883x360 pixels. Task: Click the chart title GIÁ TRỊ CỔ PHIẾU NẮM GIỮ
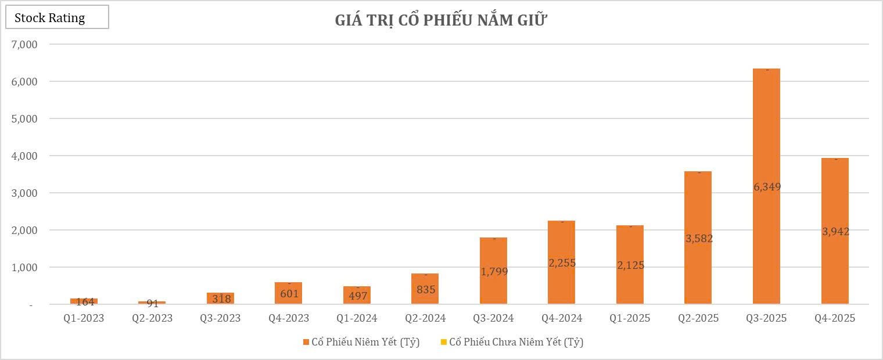tap(441, 20)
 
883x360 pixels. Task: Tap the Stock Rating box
tap(57, 17)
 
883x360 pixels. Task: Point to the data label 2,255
tap(562, 263)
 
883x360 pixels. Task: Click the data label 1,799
tap(494, 271)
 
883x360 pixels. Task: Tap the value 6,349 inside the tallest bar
tap(767, 187)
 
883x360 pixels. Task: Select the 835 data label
tap(425, 289)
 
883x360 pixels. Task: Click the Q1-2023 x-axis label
tap(84, 318)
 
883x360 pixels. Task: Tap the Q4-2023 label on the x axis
tap(289, 318)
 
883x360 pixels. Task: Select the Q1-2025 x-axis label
tap(630, 318)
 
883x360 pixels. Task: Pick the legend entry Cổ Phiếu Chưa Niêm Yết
tap(516, 342)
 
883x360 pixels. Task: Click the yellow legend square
tap(444, 342)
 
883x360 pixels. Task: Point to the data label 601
tap(289, 294)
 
